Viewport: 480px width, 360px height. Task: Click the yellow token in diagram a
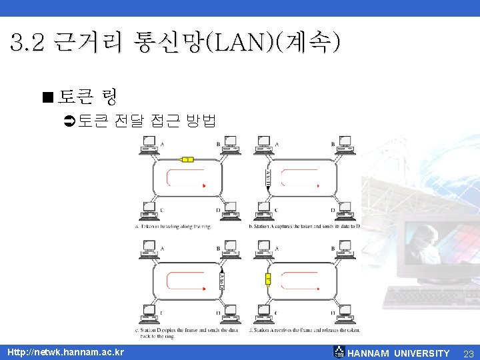coord(187,159)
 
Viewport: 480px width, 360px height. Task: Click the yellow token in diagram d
coord(267,279)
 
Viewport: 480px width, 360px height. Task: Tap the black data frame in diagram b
coord(267,179)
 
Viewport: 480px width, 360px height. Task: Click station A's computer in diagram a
coord(149,143)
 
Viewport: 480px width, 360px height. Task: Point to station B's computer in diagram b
coord(345,143)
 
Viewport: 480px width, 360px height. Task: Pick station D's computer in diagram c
coord(229,312)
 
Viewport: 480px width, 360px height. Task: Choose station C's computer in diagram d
coord(264,312)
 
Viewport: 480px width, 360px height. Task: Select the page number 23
coord(468,353)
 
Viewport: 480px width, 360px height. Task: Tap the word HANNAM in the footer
coord(369,353)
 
